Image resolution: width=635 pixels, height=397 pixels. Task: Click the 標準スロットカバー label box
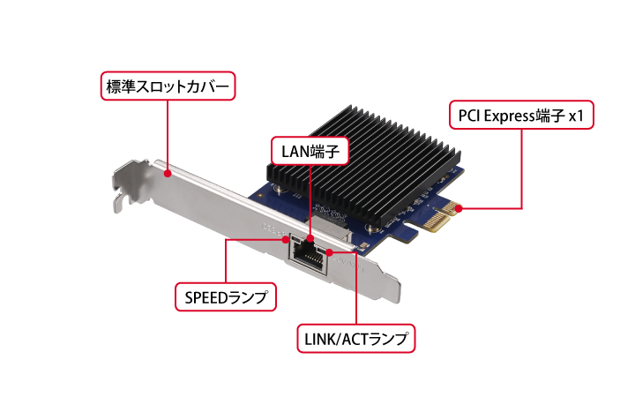[168, 86]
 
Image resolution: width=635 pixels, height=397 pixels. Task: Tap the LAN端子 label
[310, 151]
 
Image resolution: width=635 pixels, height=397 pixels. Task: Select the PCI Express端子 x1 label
[521, 115]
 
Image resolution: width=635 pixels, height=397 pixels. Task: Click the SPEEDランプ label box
[226, 297]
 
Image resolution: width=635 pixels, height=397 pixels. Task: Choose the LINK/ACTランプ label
[356, 338]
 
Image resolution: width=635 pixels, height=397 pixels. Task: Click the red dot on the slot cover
[168, 174]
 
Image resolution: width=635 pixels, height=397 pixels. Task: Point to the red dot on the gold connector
[459, 208]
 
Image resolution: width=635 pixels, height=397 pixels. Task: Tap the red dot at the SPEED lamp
[286, 239]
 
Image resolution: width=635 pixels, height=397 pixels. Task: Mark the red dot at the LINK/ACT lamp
[329, 253]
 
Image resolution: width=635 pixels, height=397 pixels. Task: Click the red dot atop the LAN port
[310, 238]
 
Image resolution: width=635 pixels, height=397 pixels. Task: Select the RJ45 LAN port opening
[309, 257]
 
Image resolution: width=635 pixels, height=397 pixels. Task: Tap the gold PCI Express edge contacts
[438, 215]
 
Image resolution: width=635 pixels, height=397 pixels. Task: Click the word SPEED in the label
[205, 298]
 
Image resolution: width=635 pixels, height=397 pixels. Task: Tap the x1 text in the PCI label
[576, 116]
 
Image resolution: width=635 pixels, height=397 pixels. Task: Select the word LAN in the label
[295, 152]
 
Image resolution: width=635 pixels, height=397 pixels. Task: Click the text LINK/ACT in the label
[337, 339]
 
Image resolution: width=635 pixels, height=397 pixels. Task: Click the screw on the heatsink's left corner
[280, 188]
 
